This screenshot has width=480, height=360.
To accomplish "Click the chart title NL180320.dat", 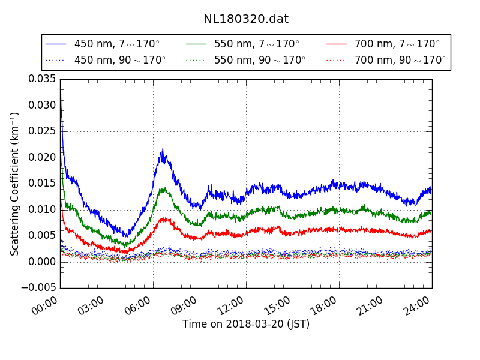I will (246, 19).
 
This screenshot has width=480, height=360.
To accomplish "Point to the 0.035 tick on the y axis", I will (41, 79).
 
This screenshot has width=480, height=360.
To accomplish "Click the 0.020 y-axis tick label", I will (41, 157).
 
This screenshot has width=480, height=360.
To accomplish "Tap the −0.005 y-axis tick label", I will (38, 288).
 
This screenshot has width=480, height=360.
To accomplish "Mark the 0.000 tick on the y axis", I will (41, 262).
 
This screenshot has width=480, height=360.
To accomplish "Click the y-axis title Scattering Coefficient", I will (15, 184).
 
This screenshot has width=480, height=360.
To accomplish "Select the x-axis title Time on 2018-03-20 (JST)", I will (246, 325).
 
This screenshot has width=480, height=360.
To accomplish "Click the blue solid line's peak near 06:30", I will (162, 150).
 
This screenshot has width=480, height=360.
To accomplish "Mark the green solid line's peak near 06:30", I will (162, 189).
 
